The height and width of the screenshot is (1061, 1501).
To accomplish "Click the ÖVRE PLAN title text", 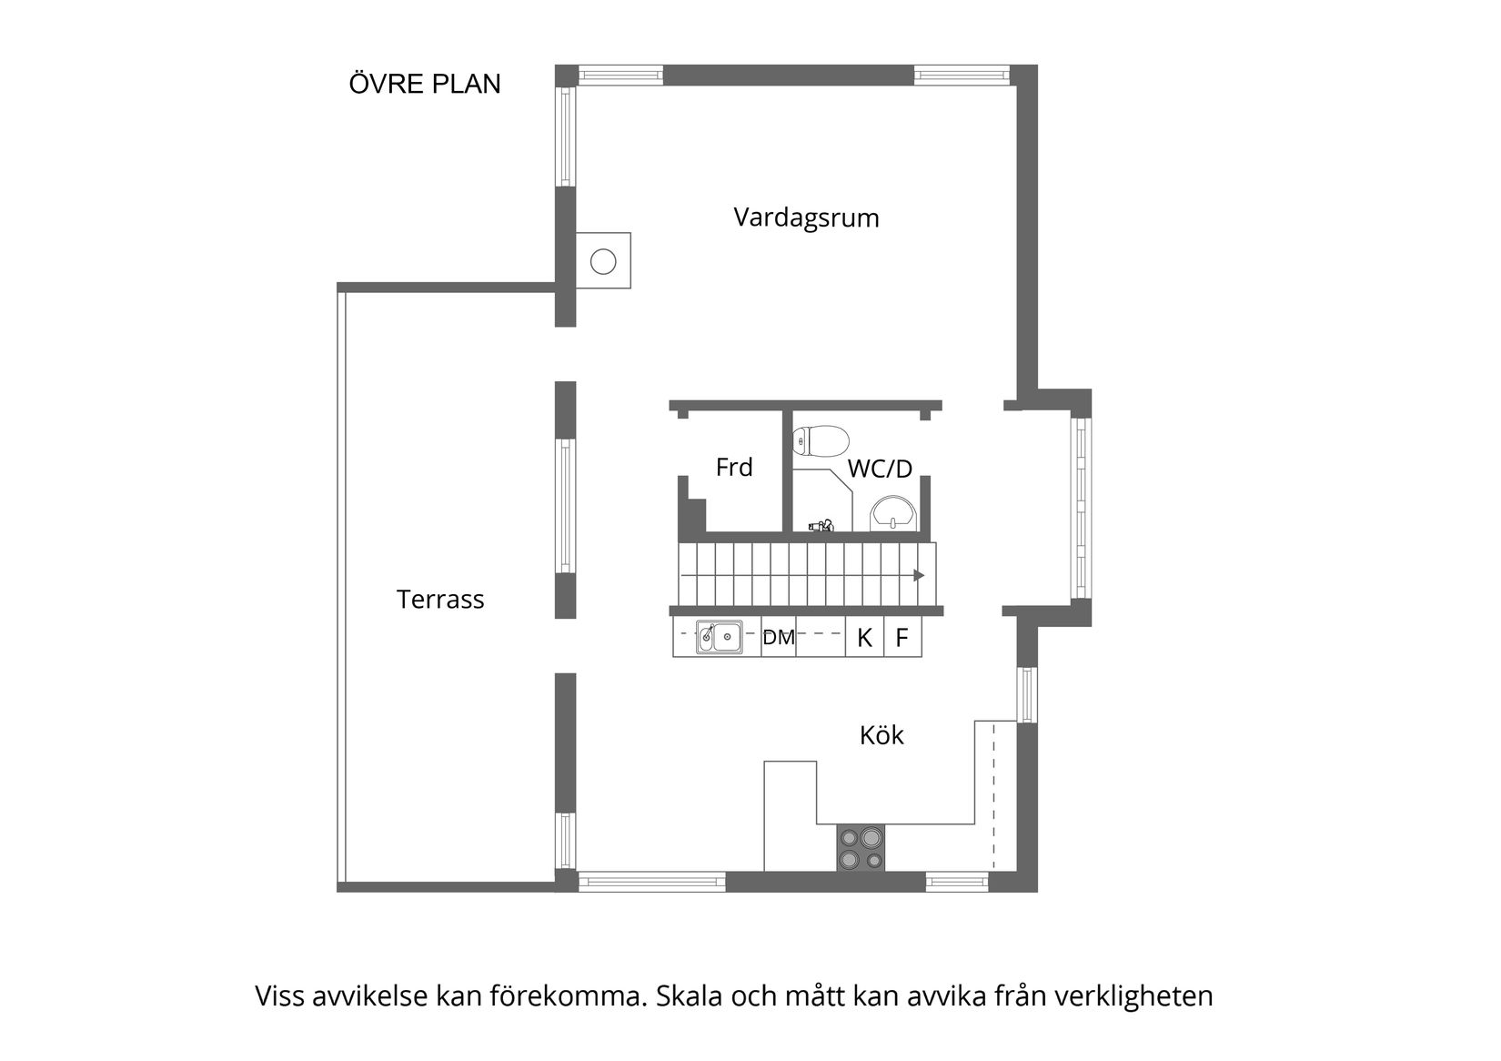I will pyautogui.click(x=425, y=84).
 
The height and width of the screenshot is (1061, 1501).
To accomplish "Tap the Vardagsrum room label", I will pyautogui.click(x=806, y=218).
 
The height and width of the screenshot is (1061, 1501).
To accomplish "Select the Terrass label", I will pyautogui.click(x=440, y=600).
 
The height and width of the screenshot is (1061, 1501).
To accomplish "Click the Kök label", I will pyautogui.click(x=881, y=735).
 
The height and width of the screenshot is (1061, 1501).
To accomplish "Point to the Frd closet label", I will pyautogui.click(x=734, y=468).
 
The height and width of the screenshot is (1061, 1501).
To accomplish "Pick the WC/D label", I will pyautogui.click(x=880, y=470).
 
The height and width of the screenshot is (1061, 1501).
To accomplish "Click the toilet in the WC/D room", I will pyautogui.click(x=821, y=441).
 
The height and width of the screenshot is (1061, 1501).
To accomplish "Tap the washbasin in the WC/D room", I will pyautogui.click(x=894, y=514).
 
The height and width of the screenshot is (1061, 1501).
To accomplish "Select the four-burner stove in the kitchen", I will pyautogui.click(x=861, y=848).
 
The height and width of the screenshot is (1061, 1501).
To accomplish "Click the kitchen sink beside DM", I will pyautogui.click(x=719, y=637).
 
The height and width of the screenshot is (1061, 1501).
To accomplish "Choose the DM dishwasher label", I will pyautogui.click(x=779, y=638).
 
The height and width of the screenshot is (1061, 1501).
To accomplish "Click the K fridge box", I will pyautogui.click(x=865, y=638).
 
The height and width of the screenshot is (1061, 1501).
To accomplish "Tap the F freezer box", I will pyautogui.click(x=902, y=638).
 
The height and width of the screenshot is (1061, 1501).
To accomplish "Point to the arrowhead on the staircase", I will pyautogui.click(x=919, y=575).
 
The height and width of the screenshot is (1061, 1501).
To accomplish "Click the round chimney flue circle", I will pyautogui.click(x=603, y=262).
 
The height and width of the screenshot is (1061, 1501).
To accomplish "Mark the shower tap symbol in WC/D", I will pyautogui.click(x=822, y=525).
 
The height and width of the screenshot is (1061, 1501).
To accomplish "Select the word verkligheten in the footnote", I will pyautogui.click(x=1133, y=996).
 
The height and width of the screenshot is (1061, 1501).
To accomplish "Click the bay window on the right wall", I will pyautogui.click(x=1081, y=507).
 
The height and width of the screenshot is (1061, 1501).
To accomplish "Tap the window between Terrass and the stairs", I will pyautogui.click(x=566, y=506).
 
